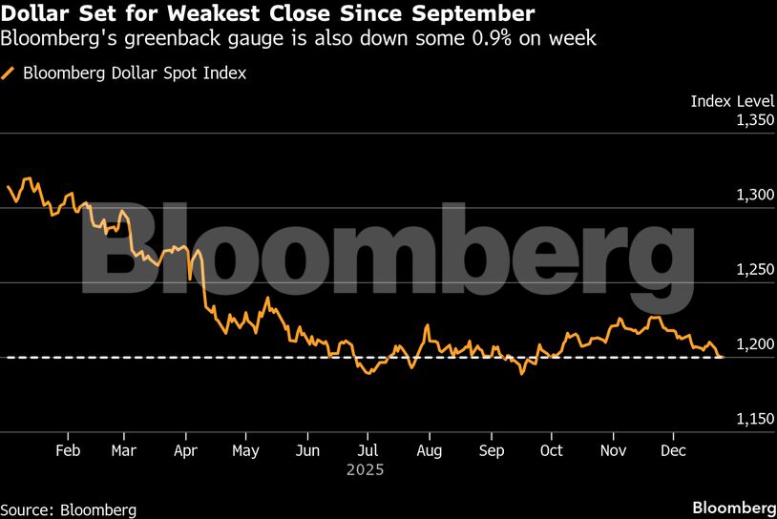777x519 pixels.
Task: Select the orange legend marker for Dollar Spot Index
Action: tap(10, 73)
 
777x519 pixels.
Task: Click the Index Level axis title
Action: tap(731, 100)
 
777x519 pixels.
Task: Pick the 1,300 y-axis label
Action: tap(753, 195)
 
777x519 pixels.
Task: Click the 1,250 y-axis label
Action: tap(753, 270)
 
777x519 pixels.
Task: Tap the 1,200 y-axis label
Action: tap(753, 344)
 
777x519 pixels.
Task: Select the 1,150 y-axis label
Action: tap(753, 419)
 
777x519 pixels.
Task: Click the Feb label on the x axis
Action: tap(69, 449)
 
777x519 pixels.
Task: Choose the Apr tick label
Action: tap(186, 449)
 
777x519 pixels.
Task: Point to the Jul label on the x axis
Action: tap(369, 449)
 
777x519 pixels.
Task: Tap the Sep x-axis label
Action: tap(491, 449)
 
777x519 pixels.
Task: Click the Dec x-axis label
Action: tap(673, 449)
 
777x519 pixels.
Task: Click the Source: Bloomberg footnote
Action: tap(69, 509)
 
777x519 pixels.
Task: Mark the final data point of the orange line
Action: tap(722, 357)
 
